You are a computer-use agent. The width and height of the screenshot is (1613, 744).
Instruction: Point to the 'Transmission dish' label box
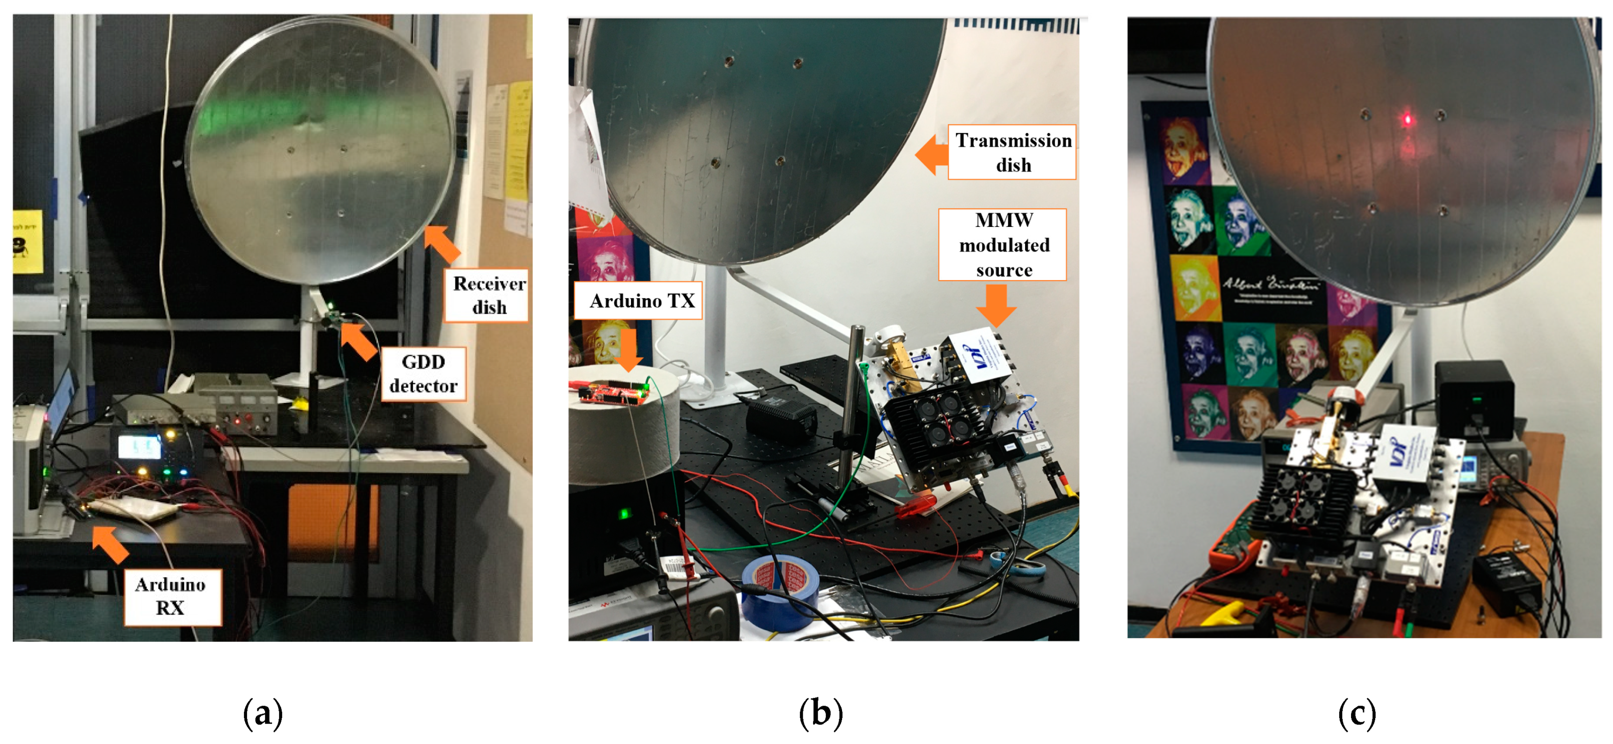(1012, 152)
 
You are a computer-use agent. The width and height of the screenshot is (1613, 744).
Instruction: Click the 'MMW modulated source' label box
(1002, 245)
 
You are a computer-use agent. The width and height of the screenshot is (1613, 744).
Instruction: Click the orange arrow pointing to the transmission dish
(931, 154)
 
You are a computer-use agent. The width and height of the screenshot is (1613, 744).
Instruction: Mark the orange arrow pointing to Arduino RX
(111, 543)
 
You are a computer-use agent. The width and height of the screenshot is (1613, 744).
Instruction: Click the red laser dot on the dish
(1407, 119)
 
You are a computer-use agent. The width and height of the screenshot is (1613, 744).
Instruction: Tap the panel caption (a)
(263, 714)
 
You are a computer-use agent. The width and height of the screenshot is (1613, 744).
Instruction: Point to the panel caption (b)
(820, 714)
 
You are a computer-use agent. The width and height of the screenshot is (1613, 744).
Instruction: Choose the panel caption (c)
(1357, 714)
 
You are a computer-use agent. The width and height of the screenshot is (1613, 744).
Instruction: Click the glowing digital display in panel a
(139, 447)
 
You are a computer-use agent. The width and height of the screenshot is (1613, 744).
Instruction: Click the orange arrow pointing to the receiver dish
(442, 244)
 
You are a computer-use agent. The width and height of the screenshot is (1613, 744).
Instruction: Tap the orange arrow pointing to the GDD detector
(359, 340)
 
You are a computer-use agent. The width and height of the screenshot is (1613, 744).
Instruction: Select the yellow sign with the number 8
(27, 242)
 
